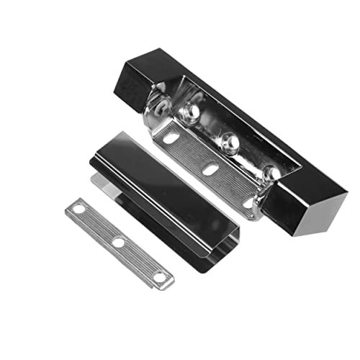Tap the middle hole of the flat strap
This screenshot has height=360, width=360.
pyautogui.click(x=118, y=243)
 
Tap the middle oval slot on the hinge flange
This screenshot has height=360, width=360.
pyautogui.click(x=211, y=169)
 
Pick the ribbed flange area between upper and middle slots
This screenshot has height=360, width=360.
pyautogui.click(x=192, y=152)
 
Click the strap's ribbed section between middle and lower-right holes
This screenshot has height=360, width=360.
pyautogui.click(x=138, y=259)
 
